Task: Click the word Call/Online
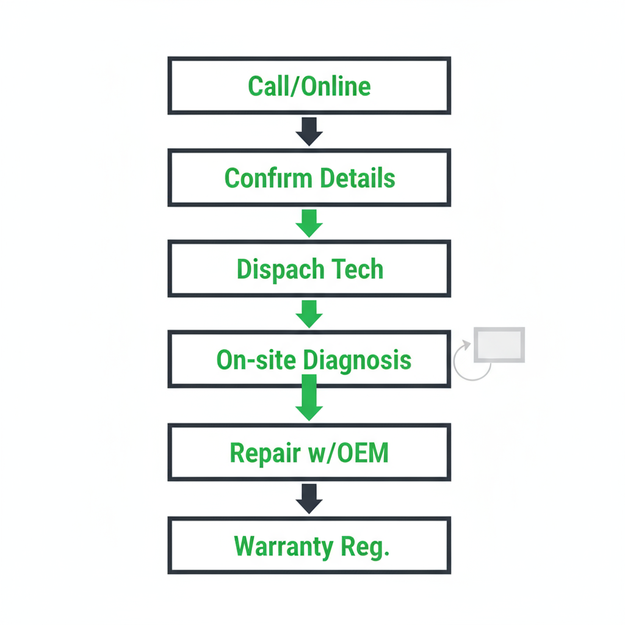pos(309,86)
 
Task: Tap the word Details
pos(358,178)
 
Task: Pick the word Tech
pos(358,269)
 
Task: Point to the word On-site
pos(256,360)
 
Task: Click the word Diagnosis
pos(357,360)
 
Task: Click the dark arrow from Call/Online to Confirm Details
pos(309,131)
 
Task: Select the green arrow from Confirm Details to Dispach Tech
pos(309,223)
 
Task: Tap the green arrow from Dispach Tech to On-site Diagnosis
pos(309,314)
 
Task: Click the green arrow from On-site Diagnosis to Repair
pos(309,400)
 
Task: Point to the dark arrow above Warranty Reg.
pos(309,499)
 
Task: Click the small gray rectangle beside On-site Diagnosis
pos(499,345)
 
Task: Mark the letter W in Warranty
pos(244,547)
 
